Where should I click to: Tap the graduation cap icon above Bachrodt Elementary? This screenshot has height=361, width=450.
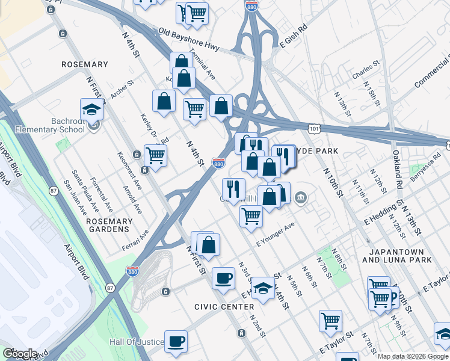tap(91, 109)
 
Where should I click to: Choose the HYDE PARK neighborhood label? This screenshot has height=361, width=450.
tap(316, 150)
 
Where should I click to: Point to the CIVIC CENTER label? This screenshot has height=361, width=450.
tap(224, 307)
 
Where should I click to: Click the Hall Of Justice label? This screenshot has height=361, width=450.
tap(136, 342)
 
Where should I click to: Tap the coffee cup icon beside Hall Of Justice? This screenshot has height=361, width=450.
tap(176, 341)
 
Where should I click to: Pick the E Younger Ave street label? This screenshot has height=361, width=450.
tap(275, 235)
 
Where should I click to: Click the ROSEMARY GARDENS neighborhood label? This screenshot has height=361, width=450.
tap(109, 225)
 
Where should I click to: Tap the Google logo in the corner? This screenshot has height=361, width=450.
tap(20, 353)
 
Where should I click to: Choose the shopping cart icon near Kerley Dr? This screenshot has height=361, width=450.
tap(155, 155)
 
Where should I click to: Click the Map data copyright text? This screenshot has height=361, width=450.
tap(413, 356)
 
